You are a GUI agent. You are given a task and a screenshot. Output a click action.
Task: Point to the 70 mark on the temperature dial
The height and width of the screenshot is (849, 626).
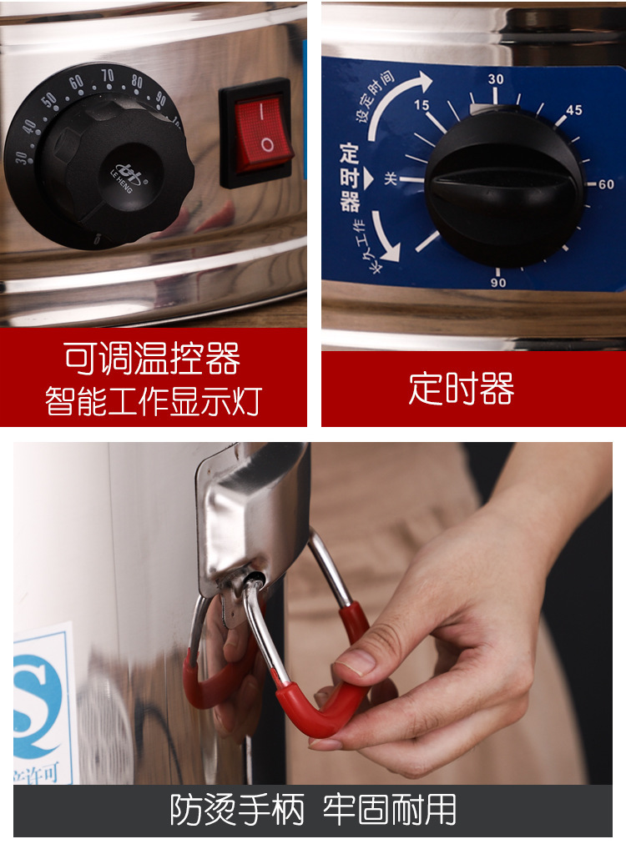click(108, 76)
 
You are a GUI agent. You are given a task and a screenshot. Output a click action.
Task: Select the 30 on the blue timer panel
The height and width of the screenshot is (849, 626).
click(496, 79)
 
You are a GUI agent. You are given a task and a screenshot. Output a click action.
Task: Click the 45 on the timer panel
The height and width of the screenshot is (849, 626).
click(573, 111)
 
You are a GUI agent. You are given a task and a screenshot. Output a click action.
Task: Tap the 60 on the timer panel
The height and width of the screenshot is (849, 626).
click(606, 184)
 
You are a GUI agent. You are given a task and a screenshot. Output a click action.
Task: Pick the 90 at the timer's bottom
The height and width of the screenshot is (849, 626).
click(497, 283)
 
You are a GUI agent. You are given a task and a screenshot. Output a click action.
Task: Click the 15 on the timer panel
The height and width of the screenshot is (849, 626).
click(422, 106)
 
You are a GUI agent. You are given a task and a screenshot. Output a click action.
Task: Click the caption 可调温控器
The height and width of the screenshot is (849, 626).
click(153, 359)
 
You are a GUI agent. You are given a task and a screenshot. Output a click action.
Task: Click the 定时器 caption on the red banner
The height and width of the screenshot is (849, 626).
click(462, 389)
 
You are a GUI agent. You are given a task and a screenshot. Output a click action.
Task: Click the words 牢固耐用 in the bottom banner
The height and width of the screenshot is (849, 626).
click(391, 809)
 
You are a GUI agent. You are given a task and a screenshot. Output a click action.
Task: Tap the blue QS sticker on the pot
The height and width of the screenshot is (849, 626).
click(42, 709)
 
